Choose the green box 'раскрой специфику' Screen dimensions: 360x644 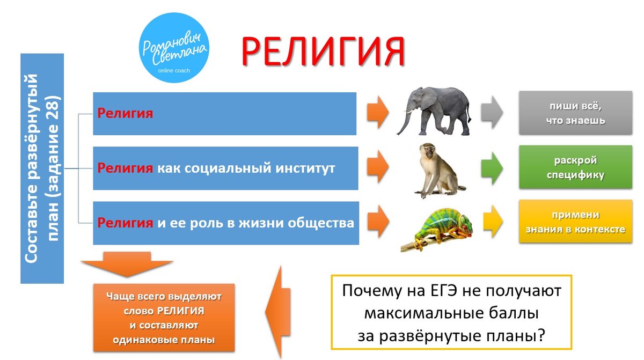click(575, 168)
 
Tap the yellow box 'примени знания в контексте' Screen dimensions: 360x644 click(575, 222)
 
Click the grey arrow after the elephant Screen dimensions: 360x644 click(491, 113)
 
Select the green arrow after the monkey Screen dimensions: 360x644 click(491, 168)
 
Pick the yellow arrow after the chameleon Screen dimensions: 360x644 click(491, 222)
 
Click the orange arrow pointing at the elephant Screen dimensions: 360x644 click(378, 113)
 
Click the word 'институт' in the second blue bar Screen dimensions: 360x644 click(308, 168)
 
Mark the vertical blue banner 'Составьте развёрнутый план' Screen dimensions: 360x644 click(42, 168)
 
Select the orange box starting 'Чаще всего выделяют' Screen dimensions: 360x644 click(163, 318)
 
